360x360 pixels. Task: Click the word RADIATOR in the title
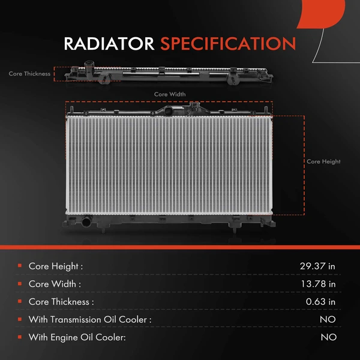(109, 44)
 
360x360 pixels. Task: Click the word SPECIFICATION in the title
(227, 44)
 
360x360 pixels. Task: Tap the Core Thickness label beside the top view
(29, 74)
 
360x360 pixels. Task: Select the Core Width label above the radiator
(170, 94)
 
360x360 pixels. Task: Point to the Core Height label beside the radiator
(323, 161)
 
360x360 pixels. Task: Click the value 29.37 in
(317, 266)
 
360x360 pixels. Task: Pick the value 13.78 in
(317, 284)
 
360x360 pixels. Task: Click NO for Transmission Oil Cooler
(328, 320)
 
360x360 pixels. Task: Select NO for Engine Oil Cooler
(328, 337)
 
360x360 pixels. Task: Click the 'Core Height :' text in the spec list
(56, 266)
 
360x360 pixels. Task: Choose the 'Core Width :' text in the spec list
(55, 284)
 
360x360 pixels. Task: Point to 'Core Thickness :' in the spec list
(61, 302)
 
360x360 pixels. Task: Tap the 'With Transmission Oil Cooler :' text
(90, 320)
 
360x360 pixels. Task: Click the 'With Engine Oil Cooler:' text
(77, 337)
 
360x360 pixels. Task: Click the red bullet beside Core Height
(20, 266)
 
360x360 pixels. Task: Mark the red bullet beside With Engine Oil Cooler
(20, 337)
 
